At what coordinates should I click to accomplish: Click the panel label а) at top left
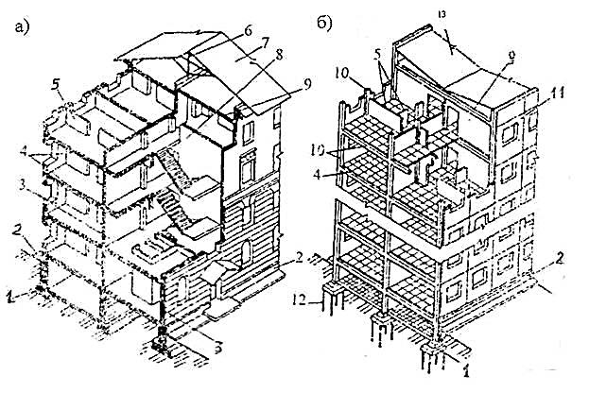[23, 26]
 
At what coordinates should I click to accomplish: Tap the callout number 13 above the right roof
[445, 12]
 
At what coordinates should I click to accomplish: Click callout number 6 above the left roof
[248, 30]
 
